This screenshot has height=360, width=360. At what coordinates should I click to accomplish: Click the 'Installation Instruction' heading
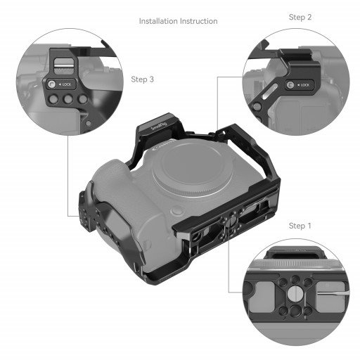[x=178, y=21]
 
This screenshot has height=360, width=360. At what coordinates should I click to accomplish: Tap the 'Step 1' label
[x=300, y=226]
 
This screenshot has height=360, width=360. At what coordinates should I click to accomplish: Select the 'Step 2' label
[x=300, y=16]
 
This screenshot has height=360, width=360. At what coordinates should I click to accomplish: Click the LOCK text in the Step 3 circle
[x=67, y=84]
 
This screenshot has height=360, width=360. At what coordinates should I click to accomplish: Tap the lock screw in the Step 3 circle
[x=53, y=85]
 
